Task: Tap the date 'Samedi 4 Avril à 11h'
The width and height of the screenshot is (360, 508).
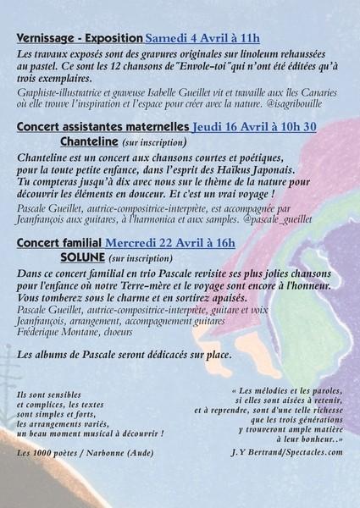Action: [202, 39]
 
